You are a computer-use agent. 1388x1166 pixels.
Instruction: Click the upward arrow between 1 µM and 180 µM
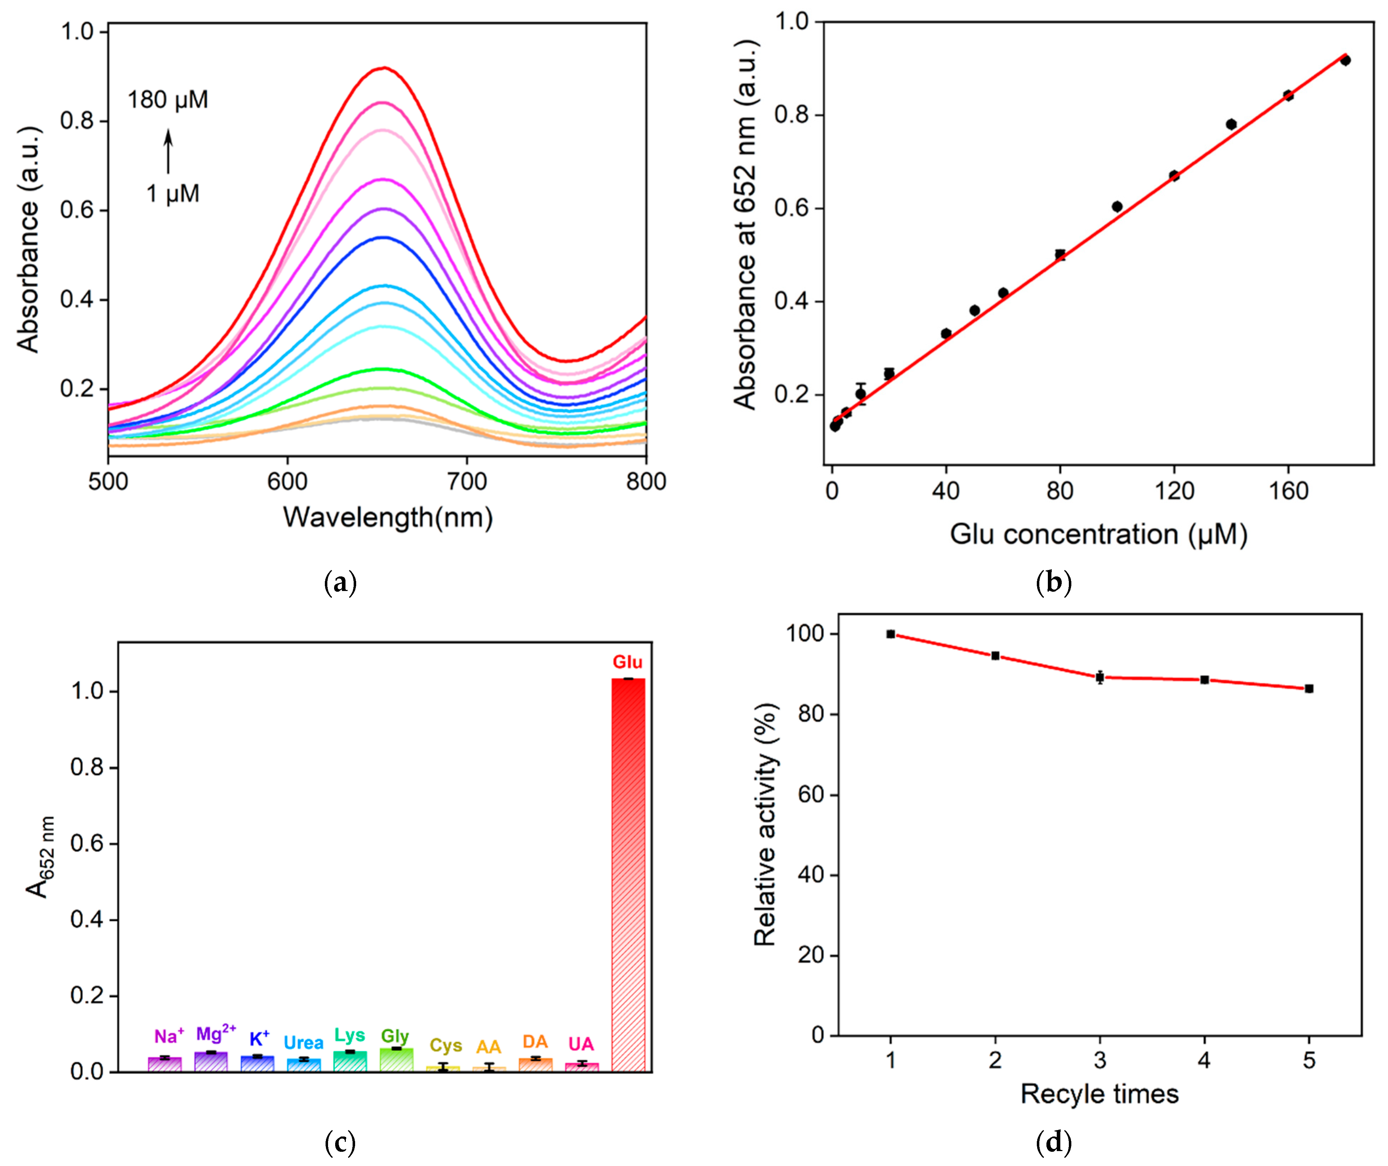[x=169, y=151]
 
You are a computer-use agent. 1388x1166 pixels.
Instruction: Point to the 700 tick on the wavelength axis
[x=467, y=481]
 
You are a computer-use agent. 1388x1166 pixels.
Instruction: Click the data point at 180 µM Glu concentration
[x=1345, y=60]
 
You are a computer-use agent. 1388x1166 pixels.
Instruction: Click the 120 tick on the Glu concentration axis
[x=1175, y=491]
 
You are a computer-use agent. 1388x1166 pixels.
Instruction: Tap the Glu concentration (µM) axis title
[x=1098, y=534]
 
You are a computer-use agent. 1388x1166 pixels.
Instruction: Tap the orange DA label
[x=535, y=1042]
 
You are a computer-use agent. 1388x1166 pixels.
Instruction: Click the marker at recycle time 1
[x=891, y=634]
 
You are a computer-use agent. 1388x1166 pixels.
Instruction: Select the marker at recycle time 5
[x=1309, y=689]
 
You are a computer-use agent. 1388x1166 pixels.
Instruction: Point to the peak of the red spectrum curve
[x=384, y=68]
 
